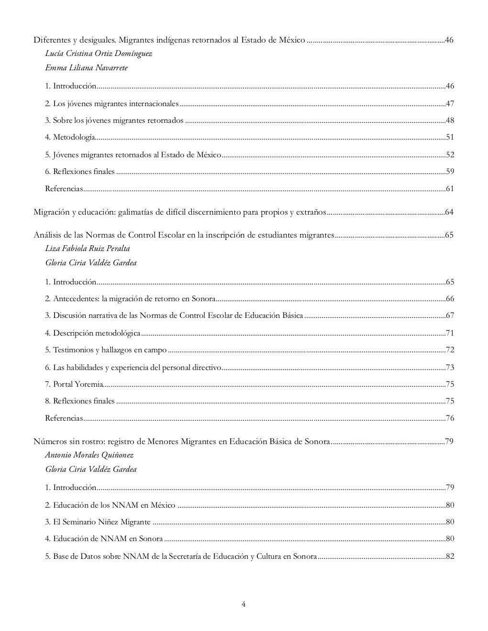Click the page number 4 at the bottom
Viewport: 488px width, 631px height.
coord(244,604)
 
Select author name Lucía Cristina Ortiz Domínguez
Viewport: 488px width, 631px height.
coord(99,54)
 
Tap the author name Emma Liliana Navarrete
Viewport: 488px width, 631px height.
coord(86,68)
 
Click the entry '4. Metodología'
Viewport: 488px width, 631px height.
coord(70,138)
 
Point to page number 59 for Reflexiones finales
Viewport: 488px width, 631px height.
coord(450,172)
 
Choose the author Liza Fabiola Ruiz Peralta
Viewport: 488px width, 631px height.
coord(88,249)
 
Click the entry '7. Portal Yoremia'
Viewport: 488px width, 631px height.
coord(74,384)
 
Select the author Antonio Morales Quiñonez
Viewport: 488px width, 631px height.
coord(89,455)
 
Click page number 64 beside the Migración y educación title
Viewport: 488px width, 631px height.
coord(449,212)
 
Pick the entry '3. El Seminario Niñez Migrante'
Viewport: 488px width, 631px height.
coord(98,522)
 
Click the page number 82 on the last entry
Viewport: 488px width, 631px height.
coord(450,556)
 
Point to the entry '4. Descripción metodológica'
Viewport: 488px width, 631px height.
coord(93,333)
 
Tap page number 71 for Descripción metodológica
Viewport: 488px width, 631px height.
coord(450,333)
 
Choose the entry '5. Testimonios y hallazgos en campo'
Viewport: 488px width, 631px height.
coord(106,350)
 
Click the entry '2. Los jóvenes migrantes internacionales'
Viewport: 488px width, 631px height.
coord(112,104)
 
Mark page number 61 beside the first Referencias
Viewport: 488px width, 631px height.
coord(450,189)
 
